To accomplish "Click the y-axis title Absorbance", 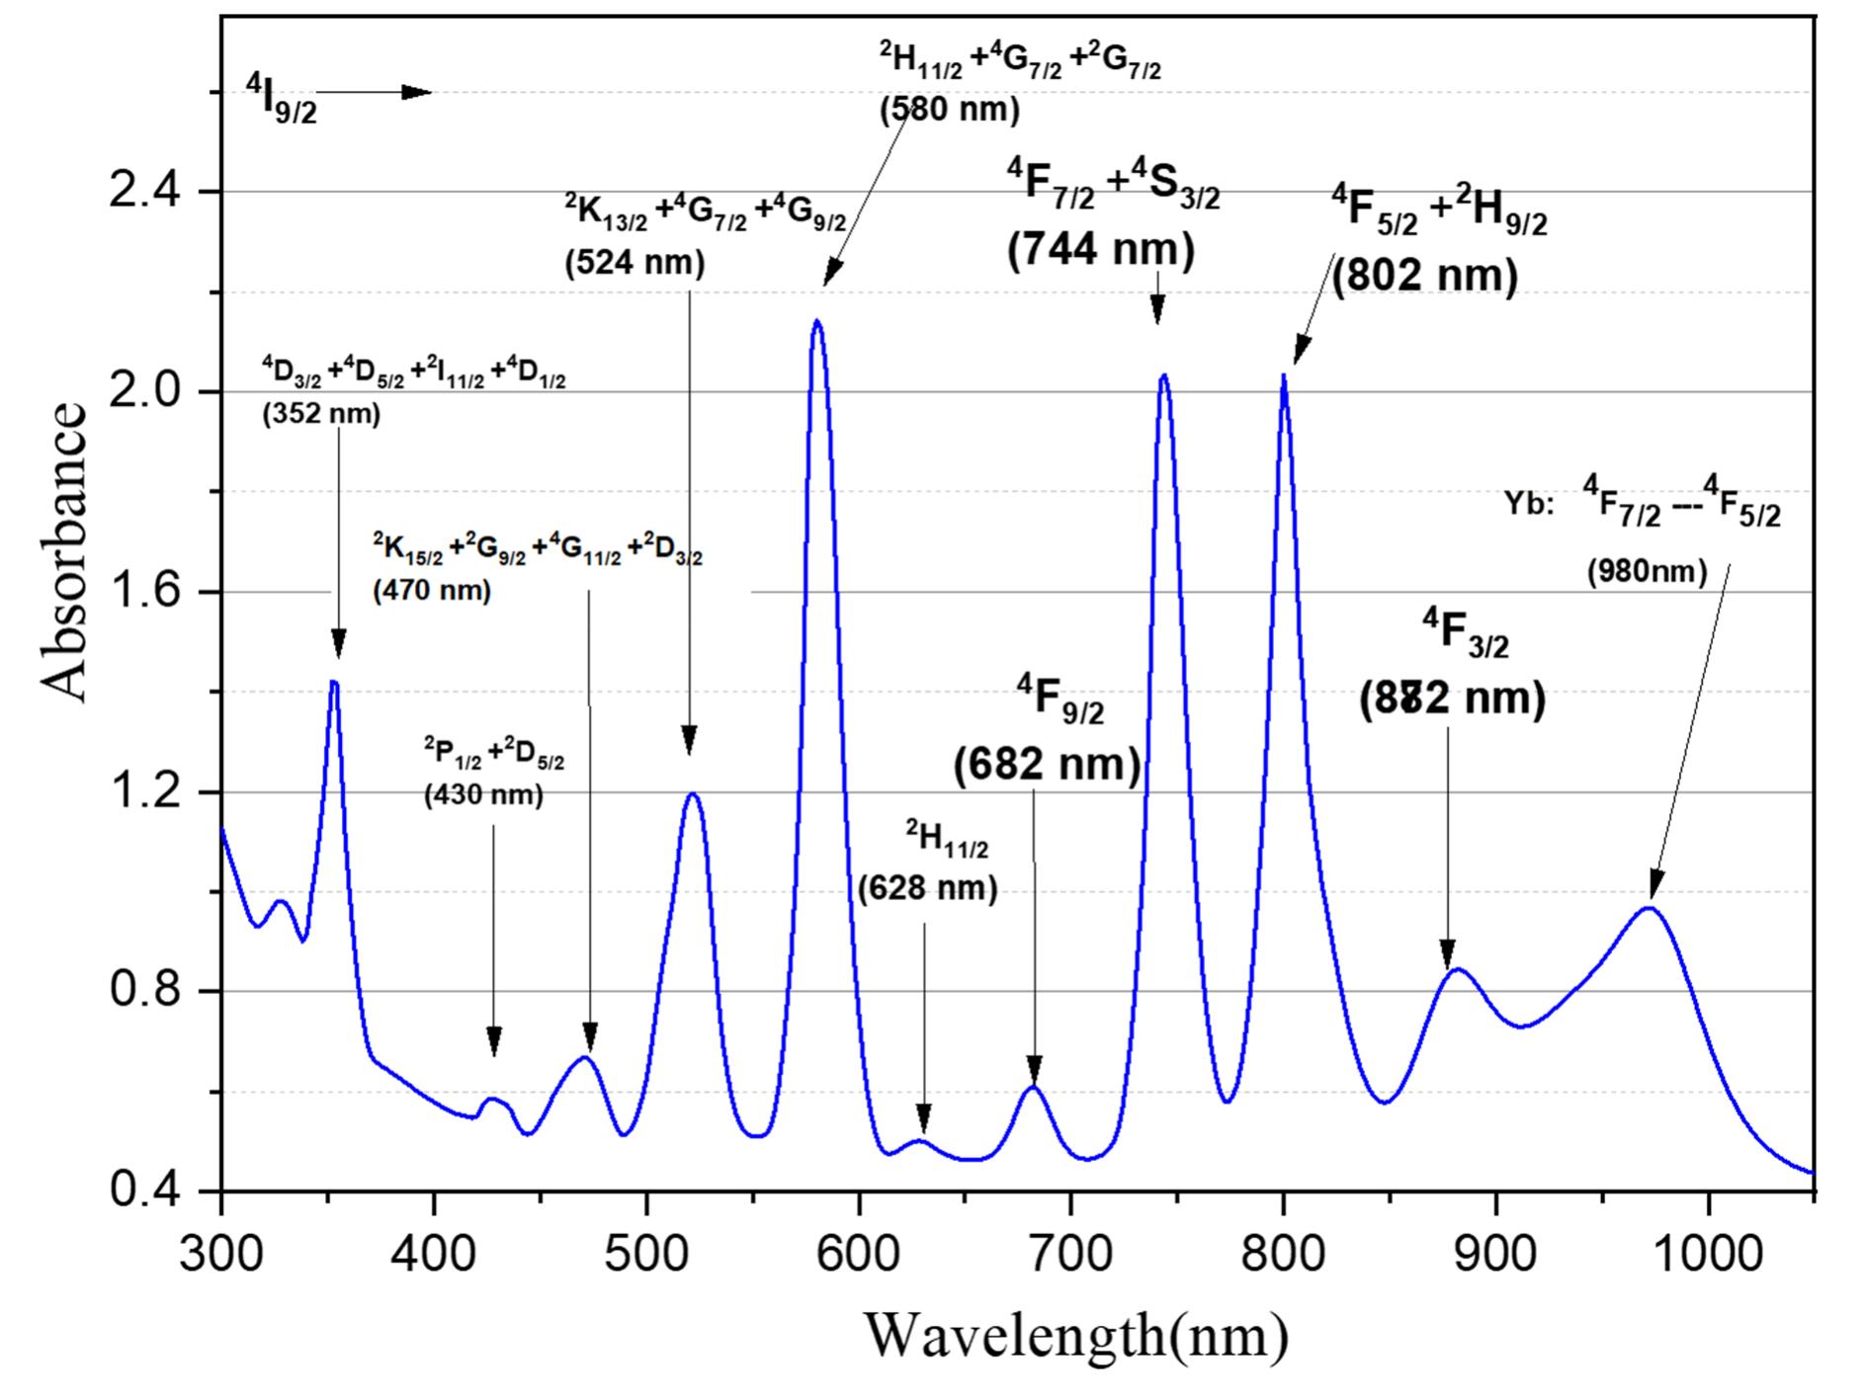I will click(x=65, y=551).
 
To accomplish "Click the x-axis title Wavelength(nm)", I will click(x=1076, y=1336).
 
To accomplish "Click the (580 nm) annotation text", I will click(x=950, y=108).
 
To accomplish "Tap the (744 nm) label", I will click(x=1101, y=250).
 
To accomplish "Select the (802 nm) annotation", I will click(x=1424, y=276).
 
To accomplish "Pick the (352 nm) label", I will click(x=321, y=414).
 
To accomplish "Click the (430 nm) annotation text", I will click(x=483, y=795).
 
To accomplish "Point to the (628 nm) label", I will click(x=928, y=889).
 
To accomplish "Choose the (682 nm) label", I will click(x=1047, y=766).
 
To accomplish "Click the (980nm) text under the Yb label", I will click(x=1647, y=572).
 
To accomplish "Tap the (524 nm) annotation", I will click(x=635, y=264).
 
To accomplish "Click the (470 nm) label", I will click(x=432, y=592).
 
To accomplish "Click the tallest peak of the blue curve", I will click(x=817, y=321).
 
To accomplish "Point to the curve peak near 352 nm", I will click(x=334, y=682).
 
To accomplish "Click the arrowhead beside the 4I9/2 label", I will click(x=419, y=93).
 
